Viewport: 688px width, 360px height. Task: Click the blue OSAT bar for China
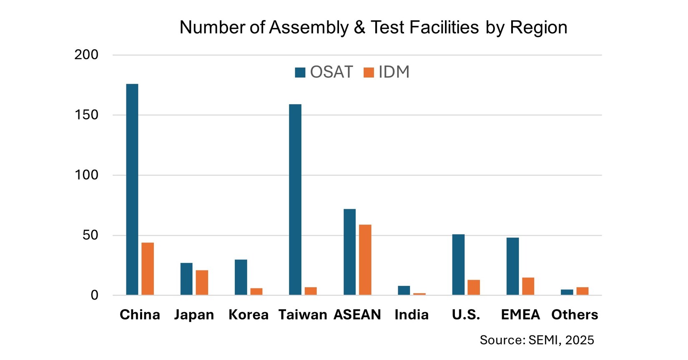tap(132, 190)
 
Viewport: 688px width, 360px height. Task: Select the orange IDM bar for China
tap(148, 269)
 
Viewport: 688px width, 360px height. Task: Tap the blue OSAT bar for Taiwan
tap(295, 200)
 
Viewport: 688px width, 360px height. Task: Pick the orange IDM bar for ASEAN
tap(365, 260)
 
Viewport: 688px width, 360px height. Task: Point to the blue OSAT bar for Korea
tap(241, 277)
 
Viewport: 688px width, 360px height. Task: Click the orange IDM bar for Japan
tap(202, 282)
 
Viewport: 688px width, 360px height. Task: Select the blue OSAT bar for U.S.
tap(458, 265)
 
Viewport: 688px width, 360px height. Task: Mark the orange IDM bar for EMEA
tap(528, 286)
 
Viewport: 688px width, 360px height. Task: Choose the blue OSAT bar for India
tap(404, 290)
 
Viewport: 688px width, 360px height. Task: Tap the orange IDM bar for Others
tap(583, 291)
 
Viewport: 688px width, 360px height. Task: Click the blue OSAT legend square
tap(300, 72)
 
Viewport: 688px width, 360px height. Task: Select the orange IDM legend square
tap(369, 72)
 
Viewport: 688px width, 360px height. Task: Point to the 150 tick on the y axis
tap(86, 115)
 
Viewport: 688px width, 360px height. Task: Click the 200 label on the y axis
tap(86, 55)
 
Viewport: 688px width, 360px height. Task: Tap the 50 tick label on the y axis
tap(90, 235)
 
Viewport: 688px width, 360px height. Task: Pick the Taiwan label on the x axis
tap(303, 315)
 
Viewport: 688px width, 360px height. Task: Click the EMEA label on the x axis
tap(520, 315)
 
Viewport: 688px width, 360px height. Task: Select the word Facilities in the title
tap(444, 27)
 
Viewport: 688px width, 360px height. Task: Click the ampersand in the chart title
tap(359, 27)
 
